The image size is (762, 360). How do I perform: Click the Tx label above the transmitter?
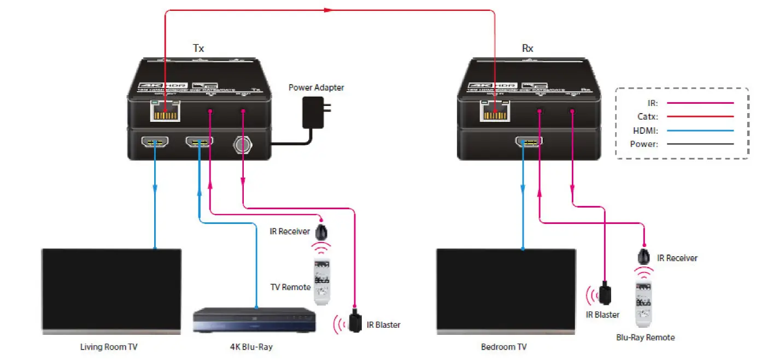[x=198, y=48]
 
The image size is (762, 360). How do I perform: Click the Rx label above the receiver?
[x=527, y=48]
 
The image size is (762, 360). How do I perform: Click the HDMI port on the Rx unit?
[x=528, y=143]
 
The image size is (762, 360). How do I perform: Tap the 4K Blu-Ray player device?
[x=254, y=320]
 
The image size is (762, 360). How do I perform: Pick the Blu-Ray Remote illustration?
[x=645, y=303]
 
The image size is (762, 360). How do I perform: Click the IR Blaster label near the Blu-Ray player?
[x=383, y=325]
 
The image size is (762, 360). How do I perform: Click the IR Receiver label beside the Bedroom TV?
[x=677, y=258]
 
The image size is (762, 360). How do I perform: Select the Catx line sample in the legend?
[x=700, y=116]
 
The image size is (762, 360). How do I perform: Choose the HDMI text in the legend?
[x=645, y=131]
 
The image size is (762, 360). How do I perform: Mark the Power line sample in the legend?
[x=700, y=144]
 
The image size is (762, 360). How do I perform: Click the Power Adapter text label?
[x=316, y=87]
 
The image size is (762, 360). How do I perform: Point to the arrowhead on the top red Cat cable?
[x=328, y=9]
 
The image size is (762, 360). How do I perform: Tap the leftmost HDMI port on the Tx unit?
[x=155, y=143]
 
